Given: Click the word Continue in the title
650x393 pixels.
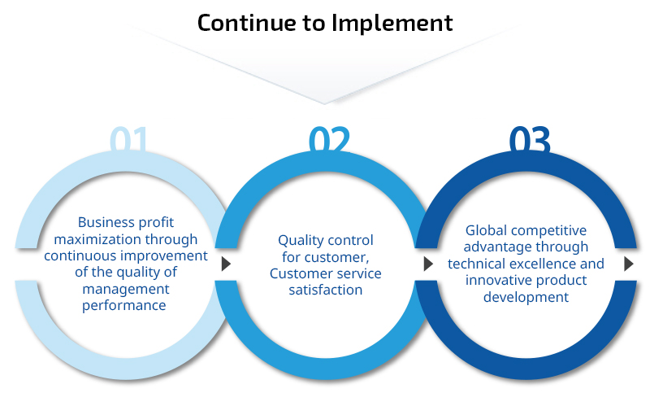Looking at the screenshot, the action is (246, 23).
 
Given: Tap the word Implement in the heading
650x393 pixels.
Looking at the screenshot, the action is (392, 24).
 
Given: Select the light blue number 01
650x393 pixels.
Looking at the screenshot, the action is (128, 139).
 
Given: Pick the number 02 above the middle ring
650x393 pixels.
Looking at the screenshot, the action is (330, 139).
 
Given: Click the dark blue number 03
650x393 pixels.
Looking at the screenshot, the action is (530, 139).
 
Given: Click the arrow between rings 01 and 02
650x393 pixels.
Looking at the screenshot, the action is (226, 264).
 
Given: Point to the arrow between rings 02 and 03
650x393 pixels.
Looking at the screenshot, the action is (428, 264).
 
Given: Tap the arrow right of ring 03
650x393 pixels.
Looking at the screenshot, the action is (628, 264).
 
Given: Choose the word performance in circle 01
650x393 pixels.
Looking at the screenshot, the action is (124, 306).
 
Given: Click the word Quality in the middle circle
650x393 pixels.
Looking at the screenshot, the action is (297, 241).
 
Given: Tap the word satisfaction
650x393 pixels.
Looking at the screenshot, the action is (326, 290).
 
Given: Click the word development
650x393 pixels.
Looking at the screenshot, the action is (526, 298).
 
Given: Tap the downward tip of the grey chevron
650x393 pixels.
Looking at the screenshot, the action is (324, 103).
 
